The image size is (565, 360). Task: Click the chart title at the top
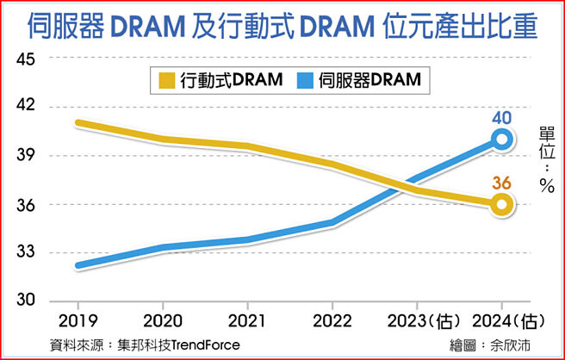282,27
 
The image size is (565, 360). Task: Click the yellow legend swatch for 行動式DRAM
166,81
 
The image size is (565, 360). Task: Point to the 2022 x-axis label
332,320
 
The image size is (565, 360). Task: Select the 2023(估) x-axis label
422,320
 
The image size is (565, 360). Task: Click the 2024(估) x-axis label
508,320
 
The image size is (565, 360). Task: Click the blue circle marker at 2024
502,140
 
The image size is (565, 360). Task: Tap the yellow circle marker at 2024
502,204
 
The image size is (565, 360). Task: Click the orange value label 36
502,183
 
